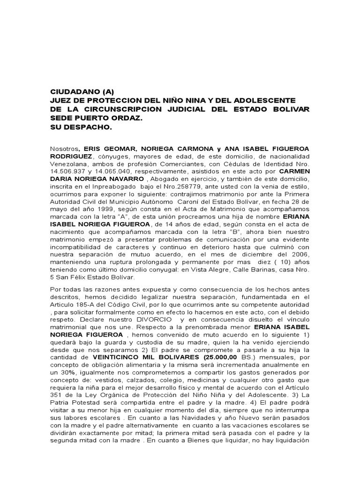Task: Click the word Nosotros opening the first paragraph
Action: (x=64, y=149)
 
